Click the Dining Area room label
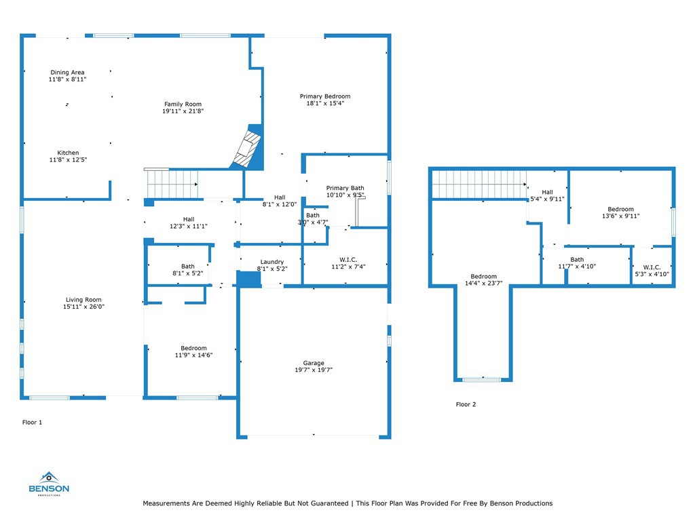[x=67, y=72]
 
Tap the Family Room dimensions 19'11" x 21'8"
[x=183, y=111]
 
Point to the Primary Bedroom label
[x=325, y=96]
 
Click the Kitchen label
[x=68, y=153]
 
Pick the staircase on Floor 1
[x=171, y=183]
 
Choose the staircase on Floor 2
[x=479, y=185]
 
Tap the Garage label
[x=314, y=363]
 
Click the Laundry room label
[x=271, y=262]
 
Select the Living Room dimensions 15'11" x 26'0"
[x=83, y=307]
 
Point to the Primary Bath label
[x=345, y=188]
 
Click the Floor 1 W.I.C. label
[x=348, y=260]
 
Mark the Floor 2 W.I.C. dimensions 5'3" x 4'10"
[x=652, y=274]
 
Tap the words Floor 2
[x=466, y=404]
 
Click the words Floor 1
[x=32, y=423]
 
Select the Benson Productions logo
[x=49, y=484]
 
